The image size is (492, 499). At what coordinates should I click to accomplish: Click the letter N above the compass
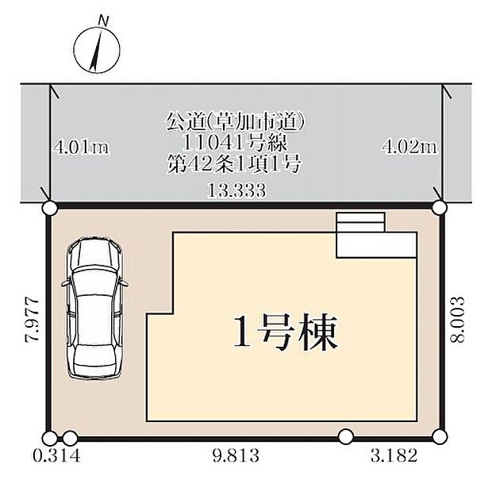(102, 19)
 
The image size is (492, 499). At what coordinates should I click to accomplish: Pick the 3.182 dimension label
(392, 459)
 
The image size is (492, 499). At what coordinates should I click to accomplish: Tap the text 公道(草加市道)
(236, 123)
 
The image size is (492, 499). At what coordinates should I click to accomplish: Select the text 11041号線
(236, 144)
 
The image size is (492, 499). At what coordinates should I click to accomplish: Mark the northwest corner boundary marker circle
(49, 209)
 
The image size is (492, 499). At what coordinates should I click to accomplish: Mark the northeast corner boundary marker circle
(440, 208)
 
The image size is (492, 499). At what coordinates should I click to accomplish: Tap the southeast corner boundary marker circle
(440, 436)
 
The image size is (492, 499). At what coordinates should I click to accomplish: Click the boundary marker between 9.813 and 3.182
(346, 436)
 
